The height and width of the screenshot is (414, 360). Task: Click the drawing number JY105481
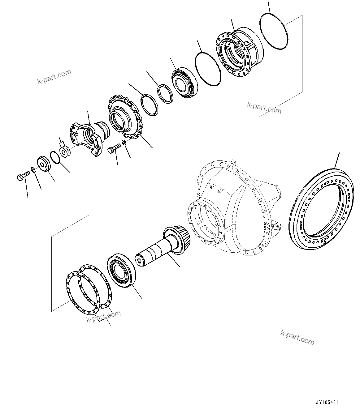point(327,403)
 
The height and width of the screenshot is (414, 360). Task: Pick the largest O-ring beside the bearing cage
point(274,31)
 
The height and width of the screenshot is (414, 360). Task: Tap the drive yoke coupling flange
point(88,138)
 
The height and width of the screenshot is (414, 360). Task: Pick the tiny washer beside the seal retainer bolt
point(124,142)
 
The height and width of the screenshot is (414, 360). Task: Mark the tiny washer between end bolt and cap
point(33,170)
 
